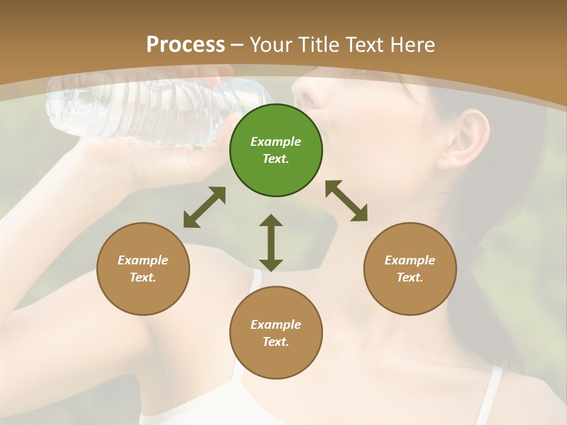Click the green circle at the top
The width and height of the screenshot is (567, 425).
(276, 150)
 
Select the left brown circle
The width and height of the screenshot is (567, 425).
(143, 269)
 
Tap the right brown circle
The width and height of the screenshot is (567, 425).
(410, 269)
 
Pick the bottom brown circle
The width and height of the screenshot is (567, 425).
(276, 333)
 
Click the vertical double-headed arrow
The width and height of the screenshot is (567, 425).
(271, 243)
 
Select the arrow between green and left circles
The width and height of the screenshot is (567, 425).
(204, 207)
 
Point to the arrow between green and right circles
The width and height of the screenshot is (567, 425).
(346, 201)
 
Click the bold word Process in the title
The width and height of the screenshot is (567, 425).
(185, 44)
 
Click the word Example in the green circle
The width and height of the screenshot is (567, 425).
(276, 142)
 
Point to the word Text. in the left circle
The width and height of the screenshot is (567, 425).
(143, 277)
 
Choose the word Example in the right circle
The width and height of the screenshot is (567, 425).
(410, 260)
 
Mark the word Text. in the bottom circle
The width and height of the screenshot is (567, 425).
(276, 342)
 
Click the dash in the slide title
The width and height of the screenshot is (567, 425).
(237, 45)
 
